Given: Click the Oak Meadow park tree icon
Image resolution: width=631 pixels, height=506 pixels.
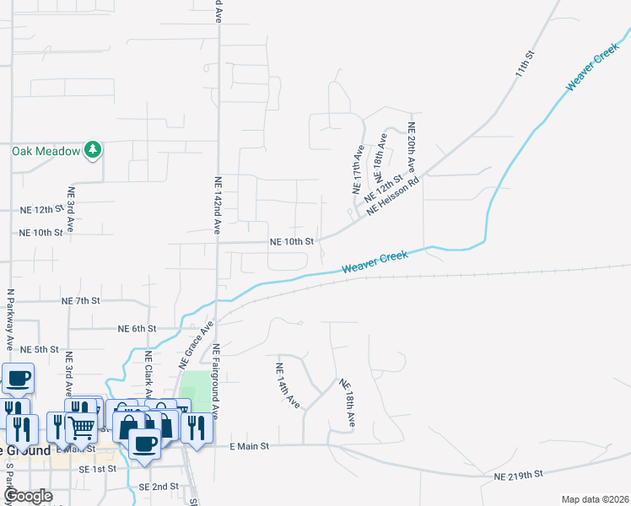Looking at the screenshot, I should pyautogui.click(x=94, y=151).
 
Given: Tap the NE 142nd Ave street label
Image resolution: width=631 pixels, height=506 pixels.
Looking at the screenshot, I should pyautogui.click(x=218, y=205).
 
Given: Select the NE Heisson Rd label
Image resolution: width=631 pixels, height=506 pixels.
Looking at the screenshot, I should pyautogui.click(x=393, y=195).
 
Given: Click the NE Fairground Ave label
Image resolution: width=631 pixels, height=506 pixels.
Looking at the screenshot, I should pyautogui.click(x=216, y=381).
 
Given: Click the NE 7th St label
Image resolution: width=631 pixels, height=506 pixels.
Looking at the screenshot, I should pyautogui.click(x=81, y=300).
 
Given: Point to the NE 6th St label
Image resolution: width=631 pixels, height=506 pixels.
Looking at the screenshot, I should pyautogui.click(x=138, y=328).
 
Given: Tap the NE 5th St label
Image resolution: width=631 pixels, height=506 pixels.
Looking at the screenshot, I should pyautogui.click(x=40, y=349).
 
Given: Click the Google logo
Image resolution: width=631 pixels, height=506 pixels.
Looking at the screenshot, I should pyautogui.click(x=28, y=497).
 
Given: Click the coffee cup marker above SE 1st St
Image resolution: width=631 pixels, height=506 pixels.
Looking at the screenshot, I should pyautogui.click(x=144, y=444).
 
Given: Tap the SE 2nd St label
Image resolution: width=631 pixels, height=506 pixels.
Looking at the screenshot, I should pyautogui.click(x=159, y=487).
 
